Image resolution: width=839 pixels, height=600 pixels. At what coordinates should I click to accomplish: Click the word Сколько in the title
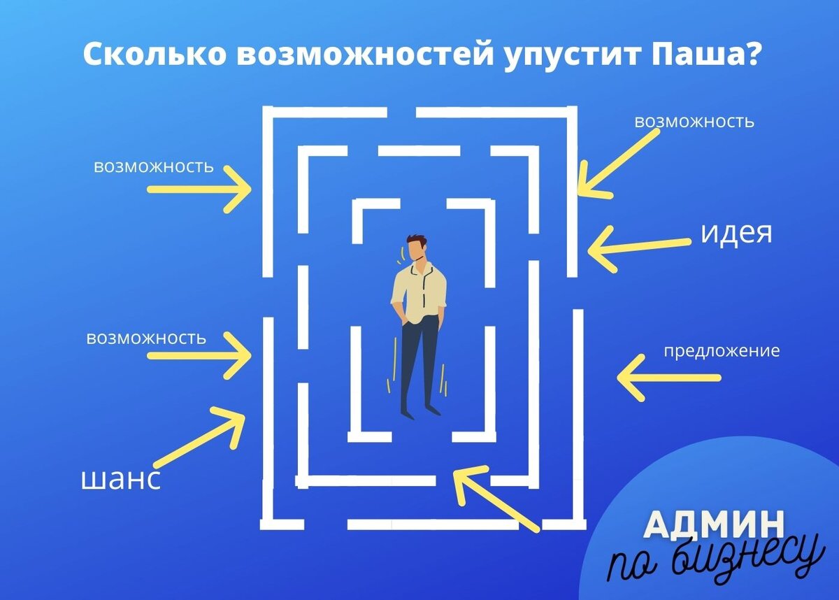(x=153, y=54)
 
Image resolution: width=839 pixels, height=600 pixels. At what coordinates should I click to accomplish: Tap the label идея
(x=736, y=233)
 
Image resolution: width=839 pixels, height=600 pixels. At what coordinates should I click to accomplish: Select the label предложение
(x=721, y=351)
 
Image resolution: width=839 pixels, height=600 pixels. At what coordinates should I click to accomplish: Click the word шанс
(x=121, y=479)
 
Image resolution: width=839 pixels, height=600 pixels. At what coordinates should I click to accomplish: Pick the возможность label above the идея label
(x=694, y=122)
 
